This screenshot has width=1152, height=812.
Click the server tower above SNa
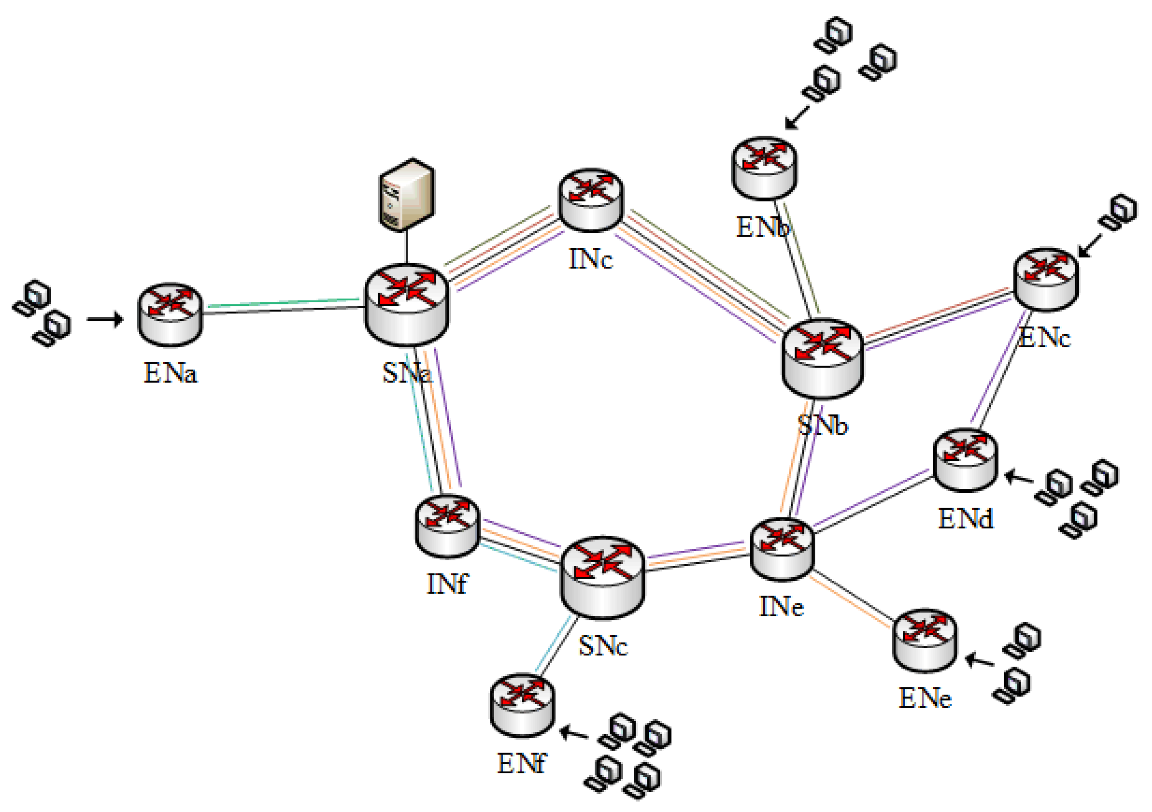[406, 195]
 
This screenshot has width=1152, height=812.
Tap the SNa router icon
[406, 304]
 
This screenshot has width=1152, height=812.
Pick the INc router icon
[591, 200]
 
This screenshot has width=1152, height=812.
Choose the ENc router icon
[1046, 279]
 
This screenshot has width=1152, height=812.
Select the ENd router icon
[965, 459]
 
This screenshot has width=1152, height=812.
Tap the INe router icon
[782, 550]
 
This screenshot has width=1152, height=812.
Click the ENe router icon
[925, 640]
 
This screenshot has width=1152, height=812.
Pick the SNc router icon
[602, 577]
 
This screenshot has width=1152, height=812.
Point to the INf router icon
[448, 526]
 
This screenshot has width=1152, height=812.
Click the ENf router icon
[522, 706]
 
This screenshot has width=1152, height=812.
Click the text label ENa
[171, 373]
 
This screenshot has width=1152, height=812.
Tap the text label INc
[591, 259]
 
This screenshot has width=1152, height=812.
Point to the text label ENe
[925, 699]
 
